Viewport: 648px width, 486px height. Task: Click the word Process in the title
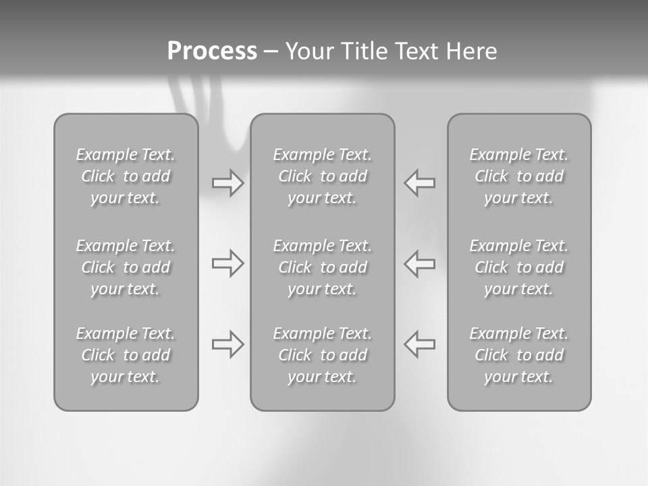(212, 51)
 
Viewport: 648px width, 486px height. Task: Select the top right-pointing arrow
(228, 183)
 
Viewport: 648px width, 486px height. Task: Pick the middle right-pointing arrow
(228, 263)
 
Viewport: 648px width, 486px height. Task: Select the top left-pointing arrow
(419, 183)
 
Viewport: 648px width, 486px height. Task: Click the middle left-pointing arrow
(419, 263)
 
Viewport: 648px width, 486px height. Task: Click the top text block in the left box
(126, 176)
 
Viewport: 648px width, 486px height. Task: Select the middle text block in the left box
(126, 267)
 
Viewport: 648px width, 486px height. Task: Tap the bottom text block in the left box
(126, 355)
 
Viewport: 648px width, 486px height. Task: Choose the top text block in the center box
(323, 176)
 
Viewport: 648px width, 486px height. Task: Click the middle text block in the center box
(323, 267)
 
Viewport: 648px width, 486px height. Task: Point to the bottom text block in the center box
(323, 355)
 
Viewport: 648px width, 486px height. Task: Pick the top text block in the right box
(519, 176)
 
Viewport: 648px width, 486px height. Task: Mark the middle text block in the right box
(519, 267)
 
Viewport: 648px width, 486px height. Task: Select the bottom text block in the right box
(519, 355)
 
